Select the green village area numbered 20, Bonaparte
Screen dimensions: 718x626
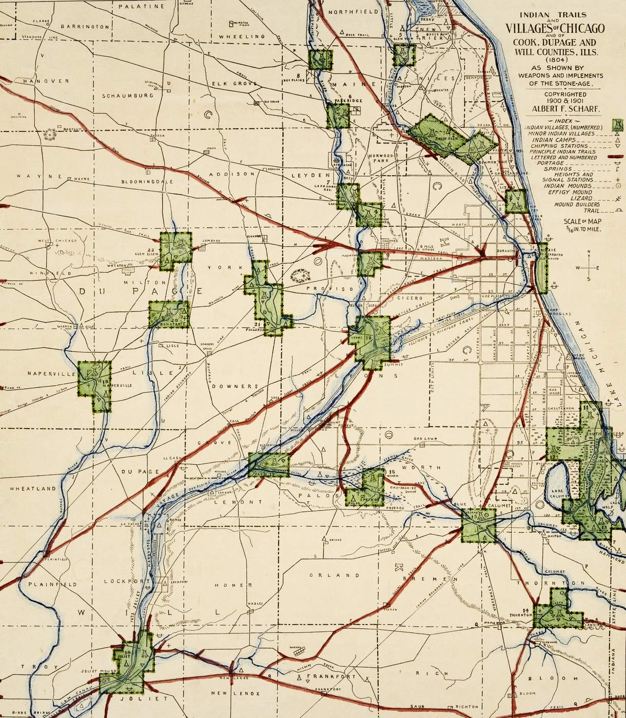click(168, 314)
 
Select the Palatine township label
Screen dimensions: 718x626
click(141, 7)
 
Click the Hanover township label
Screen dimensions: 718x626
click(34, 81)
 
